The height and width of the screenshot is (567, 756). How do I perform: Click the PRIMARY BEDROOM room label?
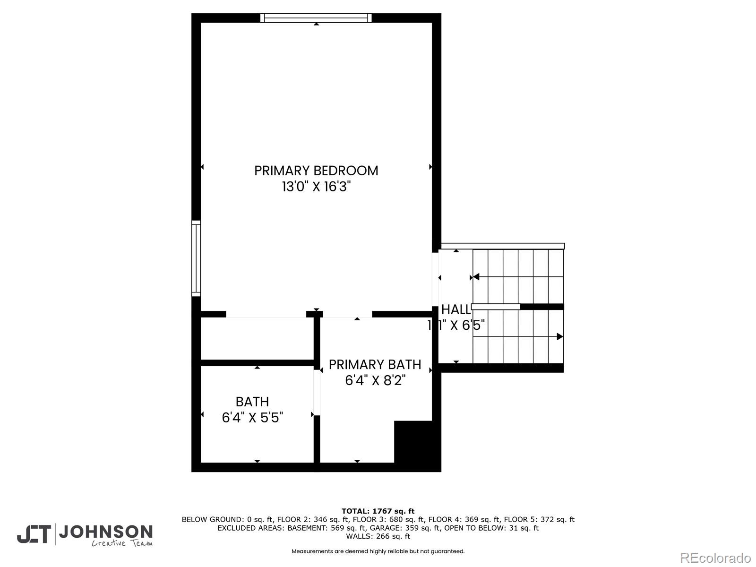316,171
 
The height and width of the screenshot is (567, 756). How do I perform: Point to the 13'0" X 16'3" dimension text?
316,187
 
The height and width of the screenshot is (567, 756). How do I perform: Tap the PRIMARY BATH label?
375,365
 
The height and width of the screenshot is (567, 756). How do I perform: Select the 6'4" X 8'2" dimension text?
375,380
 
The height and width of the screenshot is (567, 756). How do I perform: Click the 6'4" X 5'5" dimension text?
252,418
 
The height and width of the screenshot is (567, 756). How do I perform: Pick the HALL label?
455,309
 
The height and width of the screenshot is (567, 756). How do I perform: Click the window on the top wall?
316,18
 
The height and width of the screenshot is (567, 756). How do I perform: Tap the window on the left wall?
196,258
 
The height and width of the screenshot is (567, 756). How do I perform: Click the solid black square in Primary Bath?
413,441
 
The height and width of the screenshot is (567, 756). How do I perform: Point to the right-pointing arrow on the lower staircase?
560,337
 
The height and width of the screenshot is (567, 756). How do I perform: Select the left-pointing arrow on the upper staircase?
476,276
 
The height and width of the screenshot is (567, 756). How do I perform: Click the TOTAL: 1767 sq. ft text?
378,511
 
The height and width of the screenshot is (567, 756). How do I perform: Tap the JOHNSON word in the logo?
105,532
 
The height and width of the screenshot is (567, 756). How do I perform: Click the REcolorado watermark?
715,558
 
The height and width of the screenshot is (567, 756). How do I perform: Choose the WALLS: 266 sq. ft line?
378,536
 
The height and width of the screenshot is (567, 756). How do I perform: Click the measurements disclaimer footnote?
378,551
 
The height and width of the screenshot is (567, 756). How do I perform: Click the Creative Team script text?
122,543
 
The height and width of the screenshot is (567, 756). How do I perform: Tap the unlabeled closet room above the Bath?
257,338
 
